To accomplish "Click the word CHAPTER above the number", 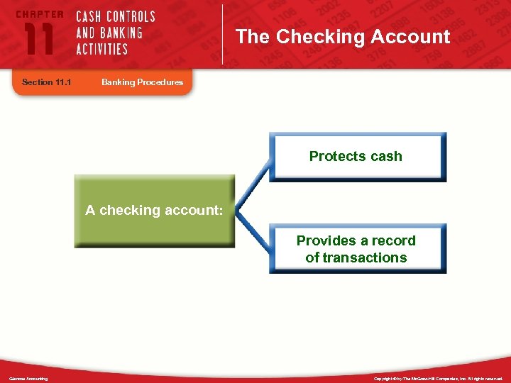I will click(39, 14).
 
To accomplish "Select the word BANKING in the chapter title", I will click(119, 33).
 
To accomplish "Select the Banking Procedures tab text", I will click(142, 82).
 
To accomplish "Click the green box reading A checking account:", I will click(154, 211).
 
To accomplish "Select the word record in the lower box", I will click(395, 240).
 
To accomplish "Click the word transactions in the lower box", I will click(365, 257).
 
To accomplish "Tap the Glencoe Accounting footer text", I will click(28, 379).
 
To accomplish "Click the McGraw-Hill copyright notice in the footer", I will click(438, 379).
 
